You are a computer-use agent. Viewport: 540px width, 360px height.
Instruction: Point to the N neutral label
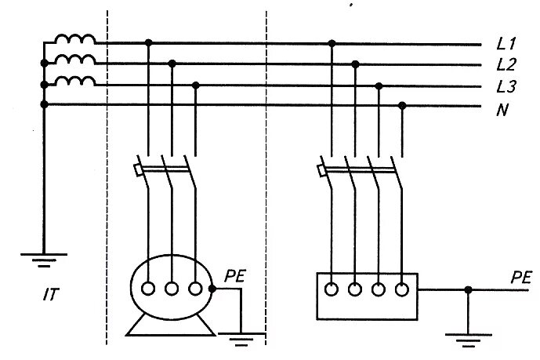(x=502, y=109)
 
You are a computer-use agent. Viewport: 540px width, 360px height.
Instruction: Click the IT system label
(x=53, y=296)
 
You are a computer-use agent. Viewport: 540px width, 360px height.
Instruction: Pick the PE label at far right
(x=521, y=277)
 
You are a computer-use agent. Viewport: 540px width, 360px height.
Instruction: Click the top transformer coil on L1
(x=75, y=40)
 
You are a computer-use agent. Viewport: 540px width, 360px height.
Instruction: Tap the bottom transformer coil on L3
(x=75, y=81)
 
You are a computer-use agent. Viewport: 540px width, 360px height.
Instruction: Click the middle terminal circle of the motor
(x=172, y=289)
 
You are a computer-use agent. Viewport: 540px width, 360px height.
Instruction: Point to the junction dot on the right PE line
(x=468, y=289)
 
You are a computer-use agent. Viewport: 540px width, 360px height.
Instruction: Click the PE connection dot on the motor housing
(x=213, y=289)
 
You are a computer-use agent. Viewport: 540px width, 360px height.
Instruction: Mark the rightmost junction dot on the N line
(x=402, y=104)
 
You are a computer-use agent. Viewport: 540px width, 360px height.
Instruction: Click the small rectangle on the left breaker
(x=139, y=169)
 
